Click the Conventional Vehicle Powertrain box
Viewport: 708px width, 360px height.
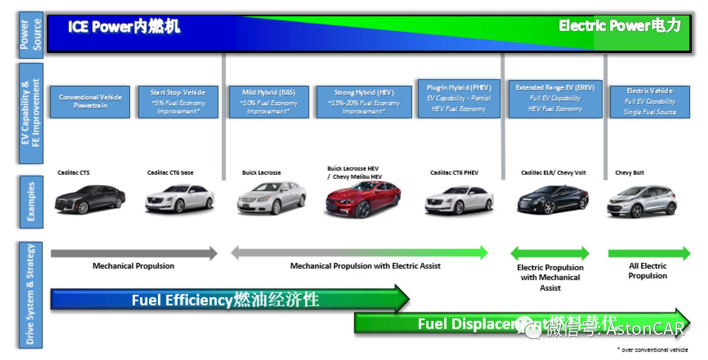[90, 102]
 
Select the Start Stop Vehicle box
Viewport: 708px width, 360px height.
[178, 102]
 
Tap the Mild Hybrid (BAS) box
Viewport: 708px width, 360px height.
[268, 102]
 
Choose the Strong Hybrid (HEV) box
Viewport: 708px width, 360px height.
[364, 102]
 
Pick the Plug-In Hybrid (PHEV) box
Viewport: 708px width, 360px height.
[459, 99]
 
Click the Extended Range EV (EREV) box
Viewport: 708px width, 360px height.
[555, 99]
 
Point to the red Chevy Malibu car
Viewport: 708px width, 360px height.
[363, 199]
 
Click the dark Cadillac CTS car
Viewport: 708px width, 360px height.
[89, 199]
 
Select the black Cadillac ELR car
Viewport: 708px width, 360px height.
[552, 200]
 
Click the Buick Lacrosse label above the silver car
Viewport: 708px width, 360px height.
[261, 173]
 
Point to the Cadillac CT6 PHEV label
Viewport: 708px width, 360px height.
[454, 173]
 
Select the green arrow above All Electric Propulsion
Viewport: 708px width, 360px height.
[649, 253]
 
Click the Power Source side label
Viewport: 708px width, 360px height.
[31, 35]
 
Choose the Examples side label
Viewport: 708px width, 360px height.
[31, 202]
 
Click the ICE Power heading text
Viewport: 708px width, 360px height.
[124, 27]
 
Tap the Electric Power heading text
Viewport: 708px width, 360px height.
[619, 26]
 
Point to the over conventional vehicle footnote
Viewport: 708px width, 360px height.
[652, 350]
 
